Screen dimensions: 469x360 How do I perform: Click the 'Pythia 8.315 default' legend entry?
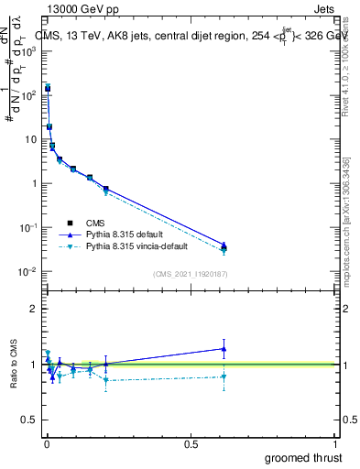127,234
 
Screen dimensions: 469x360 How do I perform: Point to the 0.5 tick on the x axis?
191,444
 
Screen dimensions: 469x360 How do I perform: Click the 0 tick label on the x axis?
47,444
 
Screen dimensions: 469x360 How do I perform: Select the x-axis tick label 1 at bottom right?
335,444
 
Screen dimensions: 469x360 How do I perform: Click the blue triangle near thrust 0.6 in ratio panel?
224,348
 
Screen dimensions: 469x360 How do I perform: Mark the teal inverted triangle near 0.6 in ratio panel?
224,376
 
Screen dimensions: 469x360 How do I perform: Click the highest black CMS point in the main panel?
48,89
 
